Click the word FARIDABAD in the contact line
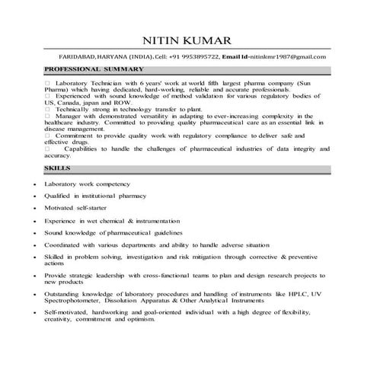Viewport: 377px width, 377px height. (x=78, y=57)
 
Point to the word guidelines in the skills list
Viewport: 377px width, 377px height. (x=164, y=232)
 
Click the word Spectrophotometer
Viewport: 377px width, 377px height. (x=76, y=300)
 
